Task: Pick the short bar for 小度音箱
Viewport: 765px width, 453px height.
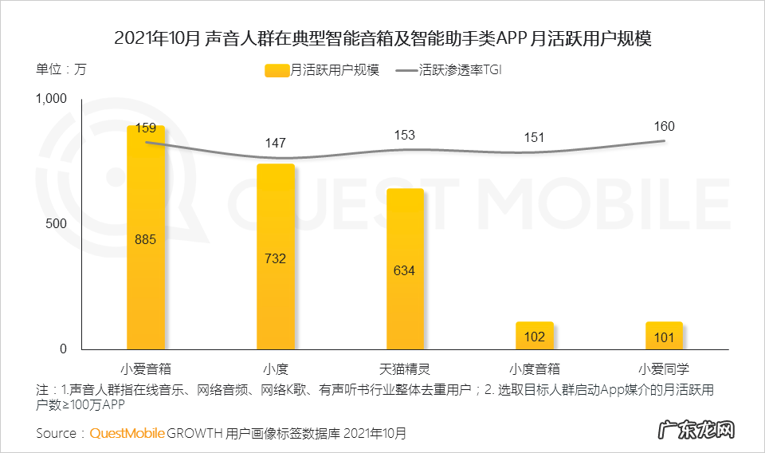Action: pos(535,336)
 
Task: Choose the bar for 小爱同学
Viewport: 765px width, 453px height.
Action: pos(664,336)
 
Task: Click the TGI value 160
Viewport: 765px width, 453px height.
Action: pos(664,126)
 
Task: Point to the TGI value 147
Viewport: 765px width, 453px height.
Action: pos(276,143)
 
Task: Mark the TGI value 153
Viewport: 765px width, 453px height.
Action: pos(405,135)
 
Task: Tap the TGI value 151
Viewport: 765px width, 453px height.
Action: pos(535,137)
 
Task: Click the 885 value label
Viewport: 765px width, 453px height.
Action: pos(146,239)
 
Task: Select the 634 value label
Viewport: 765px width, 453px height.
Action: pos(405,270)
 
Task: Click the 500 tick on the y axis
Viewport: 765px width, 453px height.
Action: pos(58,224)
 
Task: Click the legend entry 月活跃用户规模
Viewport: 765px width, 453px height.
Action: pos(323,70)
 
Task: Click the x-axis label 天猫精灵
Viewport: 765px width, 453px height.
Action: pos(405,369)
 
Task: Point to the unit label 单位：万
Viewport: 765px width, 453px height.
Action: pos(61,69)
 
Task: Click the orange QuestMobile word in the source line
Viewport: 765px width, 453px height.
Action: pos(127,433)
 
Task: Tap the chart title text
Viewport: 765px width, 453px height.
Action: pos(382,37)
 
